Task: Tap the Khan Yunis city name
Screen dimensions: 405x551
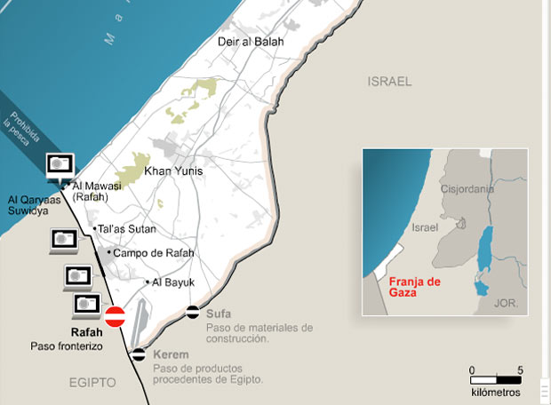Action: click(x=174, y=171)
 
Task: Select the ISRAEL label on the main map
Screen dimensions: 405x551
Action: click(x=389, y=81)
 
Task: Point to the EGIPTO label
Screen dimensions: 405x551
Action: click(x=92, y=382)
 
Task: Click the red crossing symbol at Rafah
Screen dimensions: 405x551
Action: click(x=115, y=317)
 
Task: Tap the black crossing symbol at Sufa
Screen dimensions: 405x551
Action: click(x=193, y=312)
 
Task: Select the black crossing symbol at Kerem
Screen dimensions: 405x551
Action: click(x=139, y=355)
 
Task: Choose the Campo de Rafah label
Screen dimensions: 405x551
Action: click(x=148, y=253)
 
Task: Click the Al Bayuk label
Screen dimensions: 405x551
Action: click(x=173, y=282)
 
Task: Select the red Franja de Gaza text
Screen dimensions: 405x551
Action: click(x=415, y=287)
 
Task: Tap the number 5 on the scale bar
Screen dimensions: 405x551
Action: click(x=519, y=370)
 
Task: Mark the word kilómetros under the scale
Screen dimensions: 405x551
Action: click(x=496, y=392)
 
